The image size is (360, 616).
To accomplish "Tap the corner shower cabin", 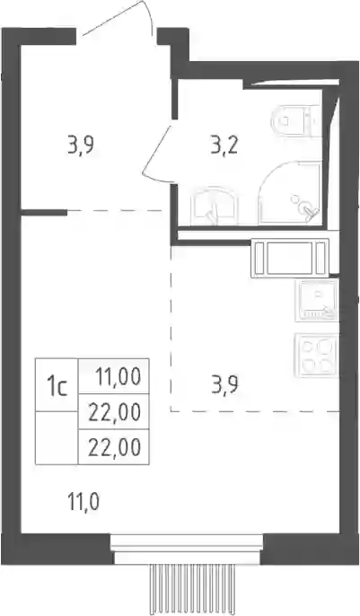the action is tap(291, 193).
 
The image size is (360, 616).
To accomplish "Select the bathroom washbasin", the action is tap(215, 207).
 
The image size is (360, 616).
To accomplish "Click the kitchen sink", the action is tap(317, 301).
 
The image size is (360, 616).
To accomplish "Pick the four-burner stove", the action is tap(317, 356).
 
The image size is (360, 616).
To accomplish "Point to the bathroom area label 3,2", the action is tap(224, 146).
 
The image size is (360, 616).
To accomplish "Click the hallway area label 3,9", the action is tap(81, 146).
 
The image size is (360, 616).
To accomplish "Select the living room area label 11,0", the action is tap(83, 502).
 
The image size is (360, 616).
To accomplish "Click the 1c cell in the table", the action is tap(57, 384).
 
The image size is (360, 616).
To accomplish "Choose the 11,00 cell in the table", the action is tap(113, 376).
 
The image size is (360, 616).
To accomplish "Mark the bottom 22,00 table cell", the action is tap(113, 446).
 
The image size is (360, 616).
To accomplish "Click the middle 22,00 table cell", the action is tap(113, 411).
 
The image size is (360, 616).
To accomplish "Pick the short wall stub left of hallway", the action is tap(44, 213).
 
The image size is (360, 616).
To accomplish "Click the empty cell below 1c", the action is tap(57, 438).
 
